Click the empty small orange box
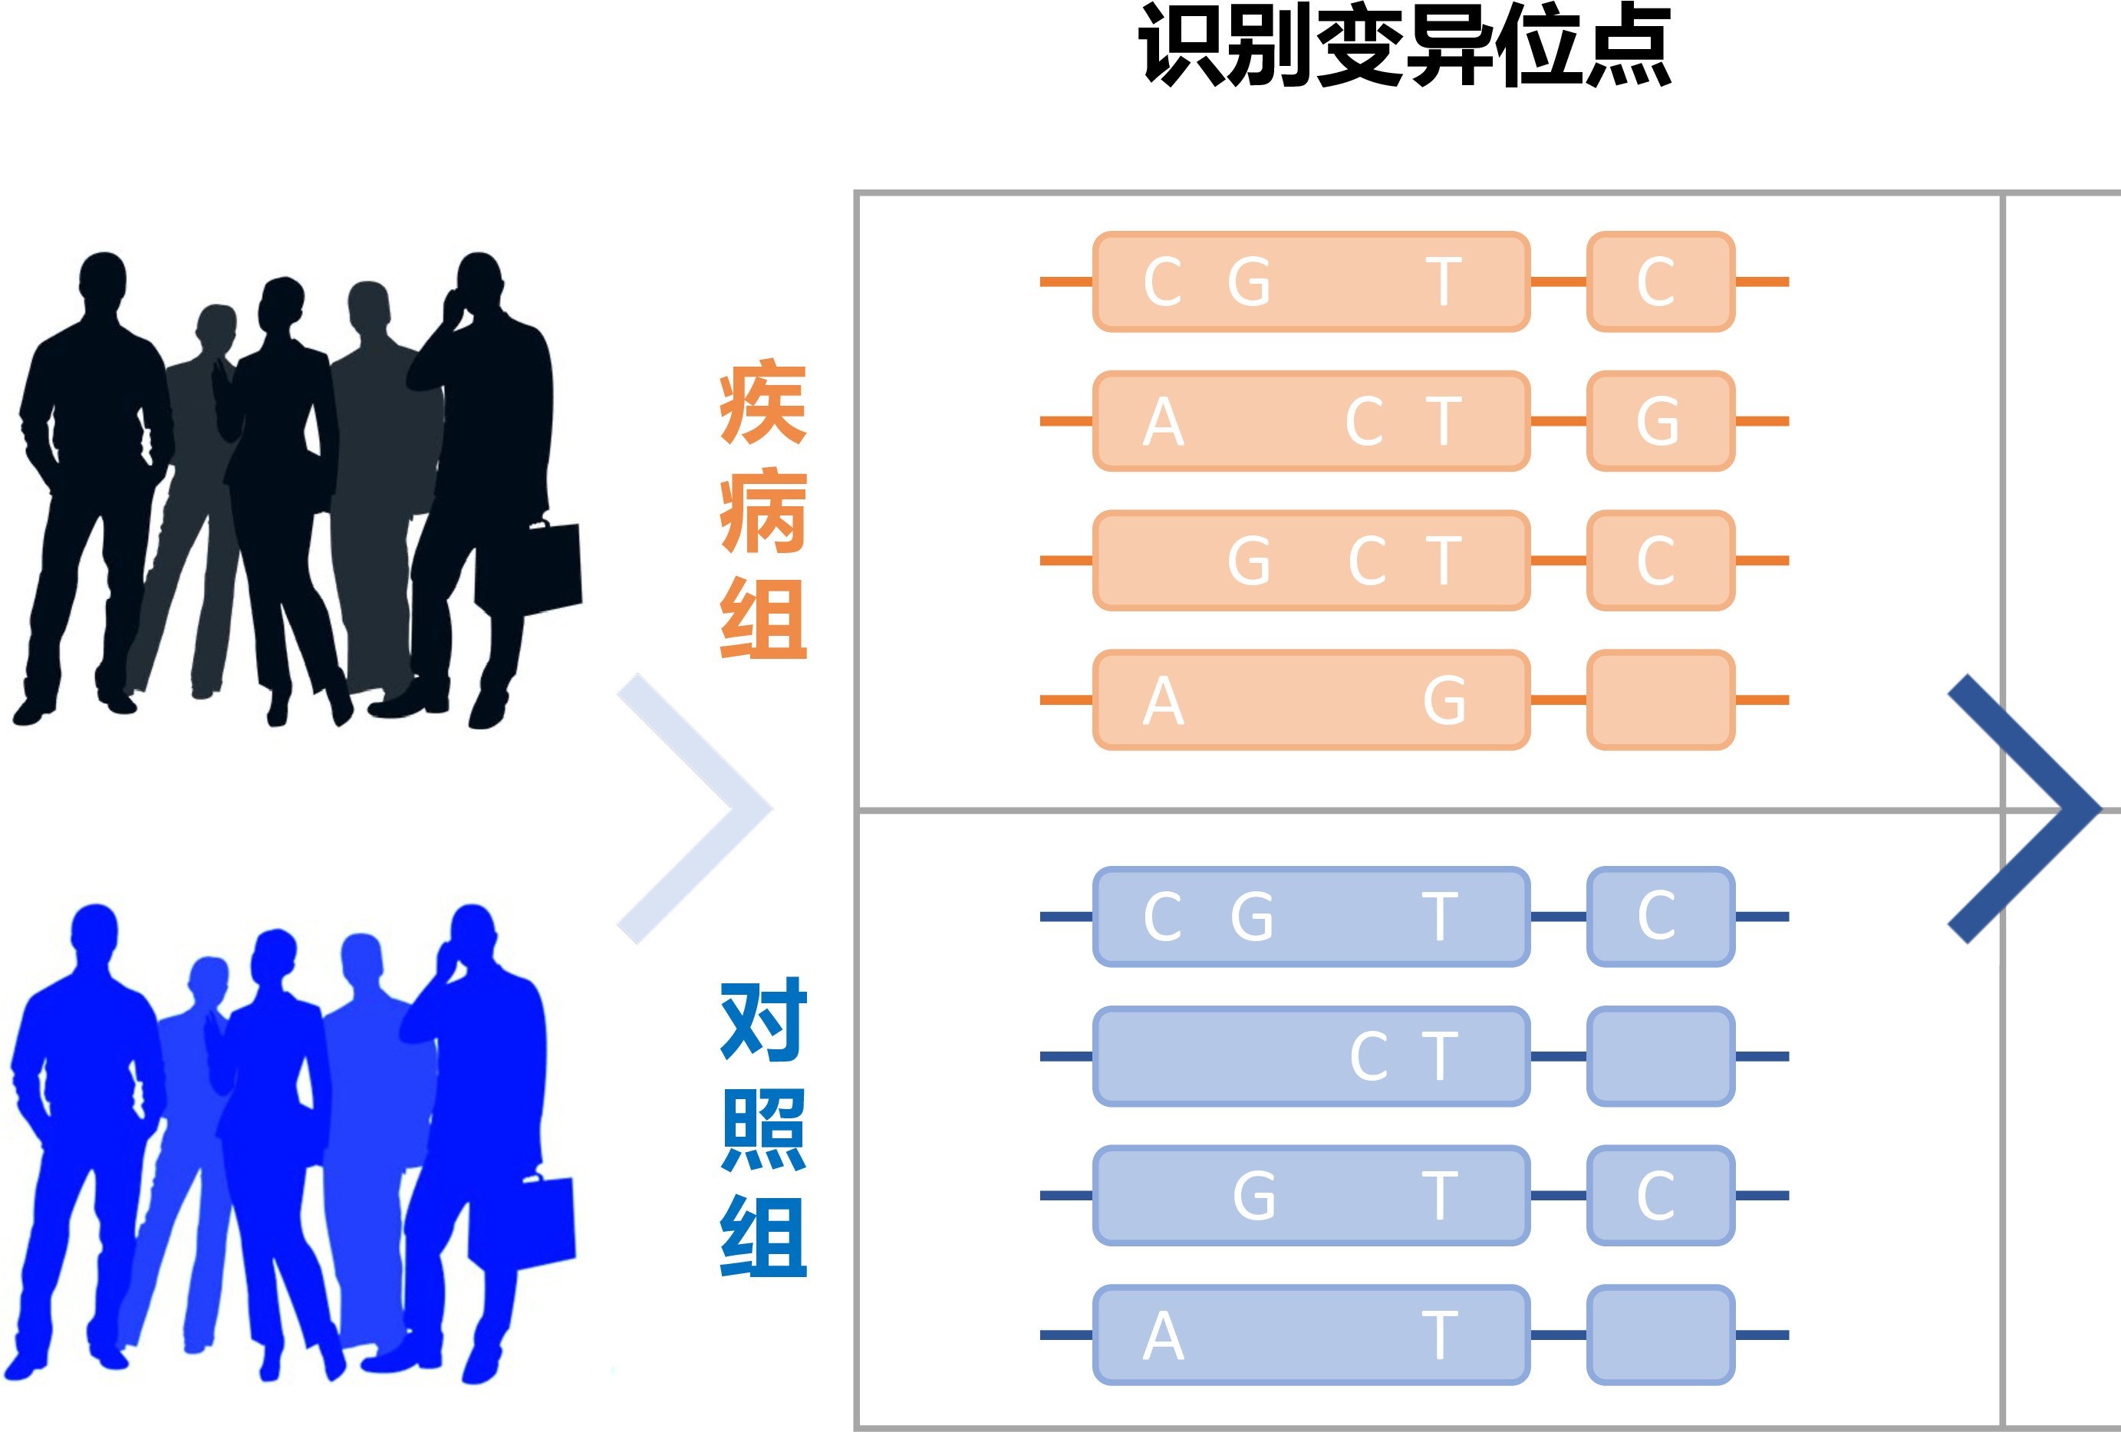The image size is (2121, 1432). [1660, 700]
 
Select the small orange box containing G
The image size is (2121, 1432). [1660, 421]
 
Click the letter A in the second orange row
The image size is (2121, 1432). [1163, 422]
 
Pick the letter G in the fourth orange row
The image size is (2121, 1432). [1444, 701]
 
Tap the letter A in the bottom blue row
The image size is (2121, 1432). [1163, 1336]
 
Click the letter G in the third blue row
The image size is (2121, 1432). [1254, 1196]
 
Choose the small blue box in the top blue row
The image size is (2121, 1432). [1660, 917]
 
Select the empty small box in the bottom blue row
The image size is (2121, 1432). [1660, 1335]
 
